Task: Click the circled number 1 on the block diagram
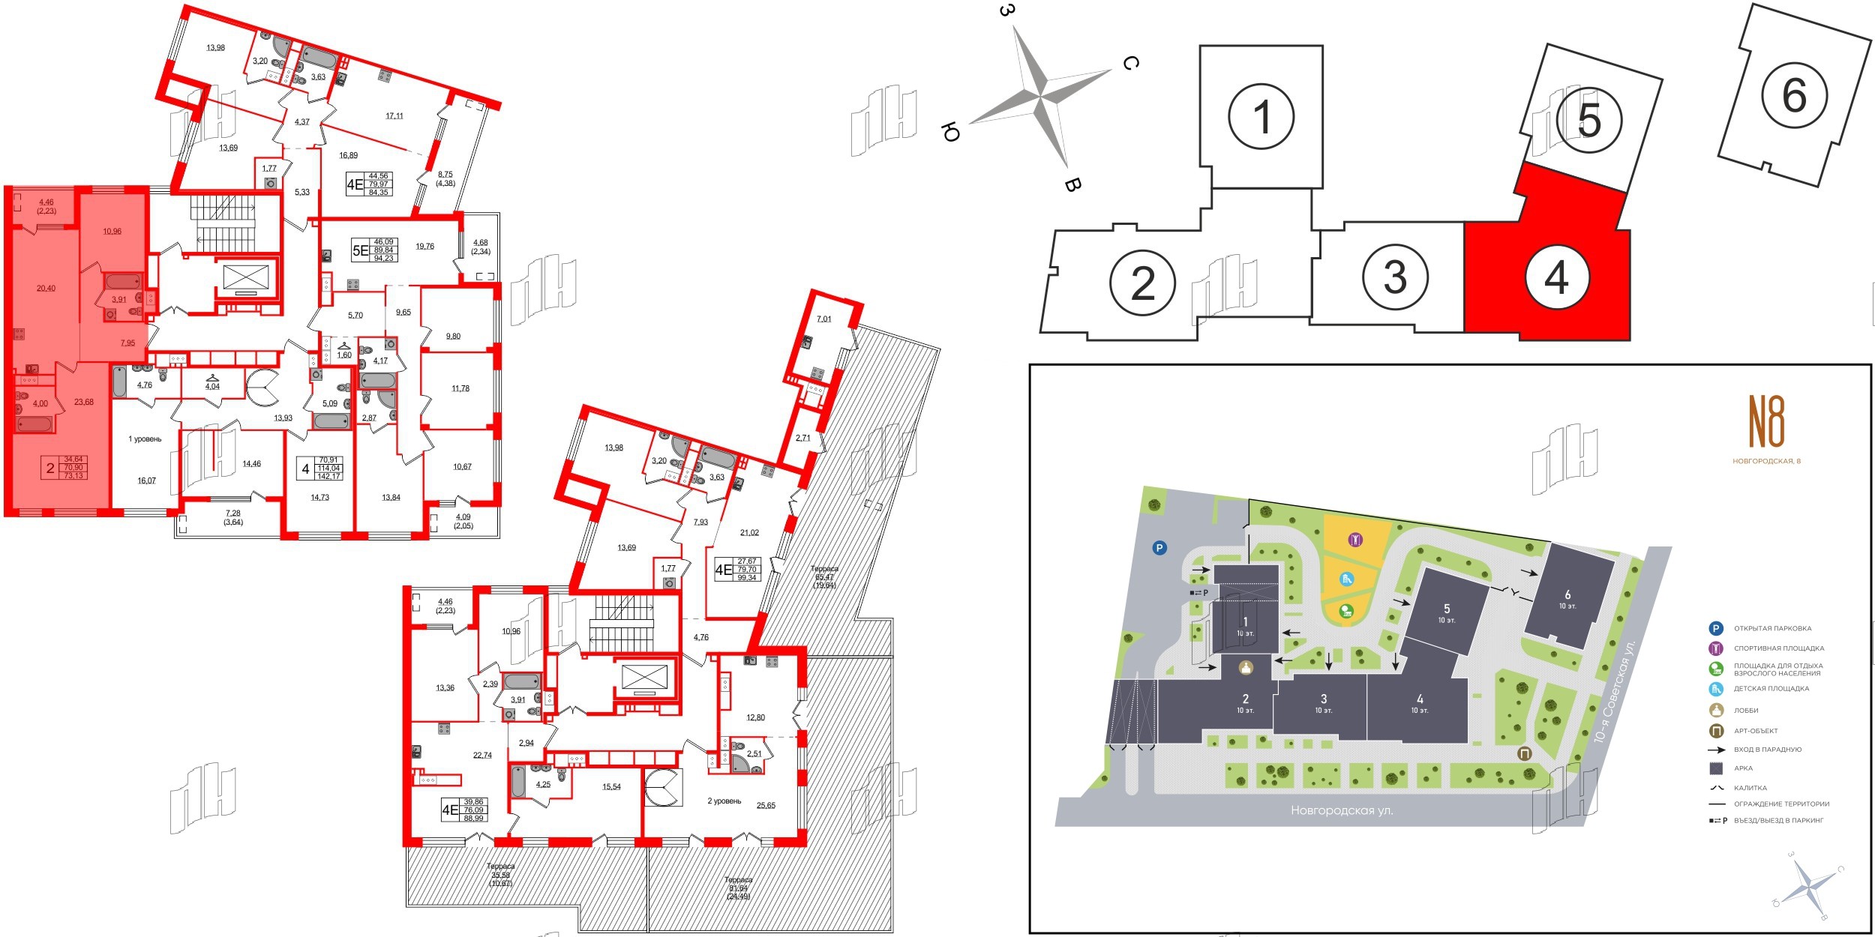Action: pos(1261,117)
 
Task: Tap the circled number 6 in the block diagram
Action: pos(1794,95)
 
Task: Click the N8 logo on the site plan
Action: pos(1766,421)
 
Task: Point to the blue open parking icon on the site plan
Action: pos(1159,548)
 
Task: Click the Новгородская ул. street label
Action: pos(1342,810)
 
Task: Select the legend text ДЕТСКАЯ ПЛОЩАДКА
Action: pos(1771,688)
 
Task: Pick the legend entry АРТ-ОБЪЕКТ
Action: pos(1756,731)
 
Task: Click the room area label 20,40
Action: pos(46,289)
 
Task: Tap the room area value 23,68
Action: pos(84,402)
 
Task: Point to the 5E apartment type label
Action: pos(361,251)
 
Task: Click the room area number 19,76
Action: pos(424,246)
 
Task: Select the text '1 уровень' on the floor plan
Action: pos(145,439)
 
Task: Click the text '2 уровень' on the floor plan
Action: pos(724,801)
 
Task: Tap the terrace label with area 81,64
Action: pos(738,888)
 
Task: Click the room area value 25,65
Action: pos(766,806)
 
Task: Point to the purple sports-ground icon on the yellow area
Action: pos(1355,540)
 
